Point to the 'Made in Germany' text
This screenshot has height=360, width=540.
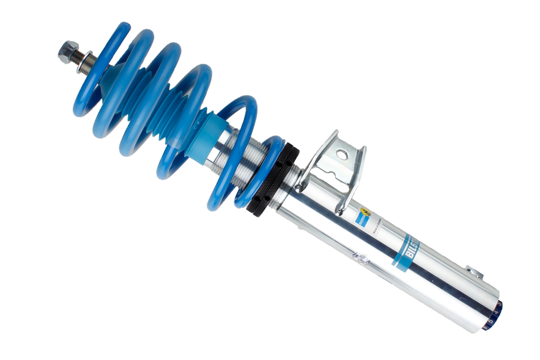[x=379, y=226]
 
